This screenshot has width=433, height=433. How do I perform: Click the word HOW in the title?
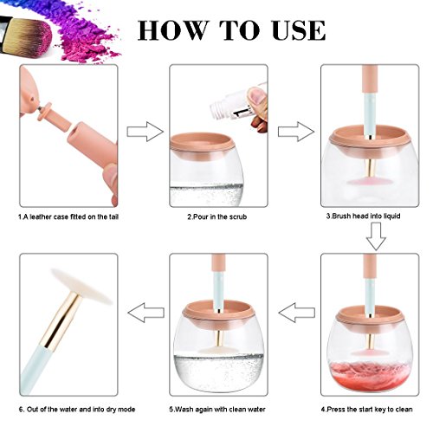[x=172, y=30]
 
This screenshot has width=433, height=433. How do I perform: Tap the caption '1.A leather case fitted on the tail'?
[x=68, y=216]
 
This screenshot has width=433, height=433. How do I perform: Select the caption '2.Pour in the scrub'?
[x=217, y=216]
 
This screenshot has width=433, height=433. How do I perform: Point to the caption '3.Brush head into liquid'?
[x=363, y=216]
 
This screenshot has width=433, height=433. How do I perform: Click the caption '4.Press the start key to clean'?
[x=366, y=410]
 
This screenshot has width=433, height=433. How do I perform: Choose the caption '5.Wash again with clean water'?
[x=217, y=410]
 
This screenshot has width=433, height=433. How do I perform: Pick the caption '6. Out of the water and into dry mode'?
[x=77, y=410]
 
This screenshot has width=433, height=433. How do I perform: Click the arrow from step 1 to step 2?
[x=145, y=132]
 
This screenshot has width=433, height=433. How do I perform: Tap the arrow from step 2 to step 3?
[x=296, y=132]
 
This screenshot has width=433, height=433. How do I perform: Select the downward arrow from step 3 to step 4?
[x=376, y=236]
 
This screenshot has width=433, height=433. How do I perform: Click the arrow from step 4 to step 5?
[x=297, y=313]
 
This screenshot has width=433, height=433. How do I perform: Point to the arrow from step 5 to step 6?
[x=145, y=313]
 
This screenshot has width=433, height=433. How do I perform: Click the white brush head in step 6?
[x=81, y=286]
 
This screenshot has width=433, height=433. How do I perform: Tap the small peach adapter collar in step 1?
[x=45, y=111]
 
